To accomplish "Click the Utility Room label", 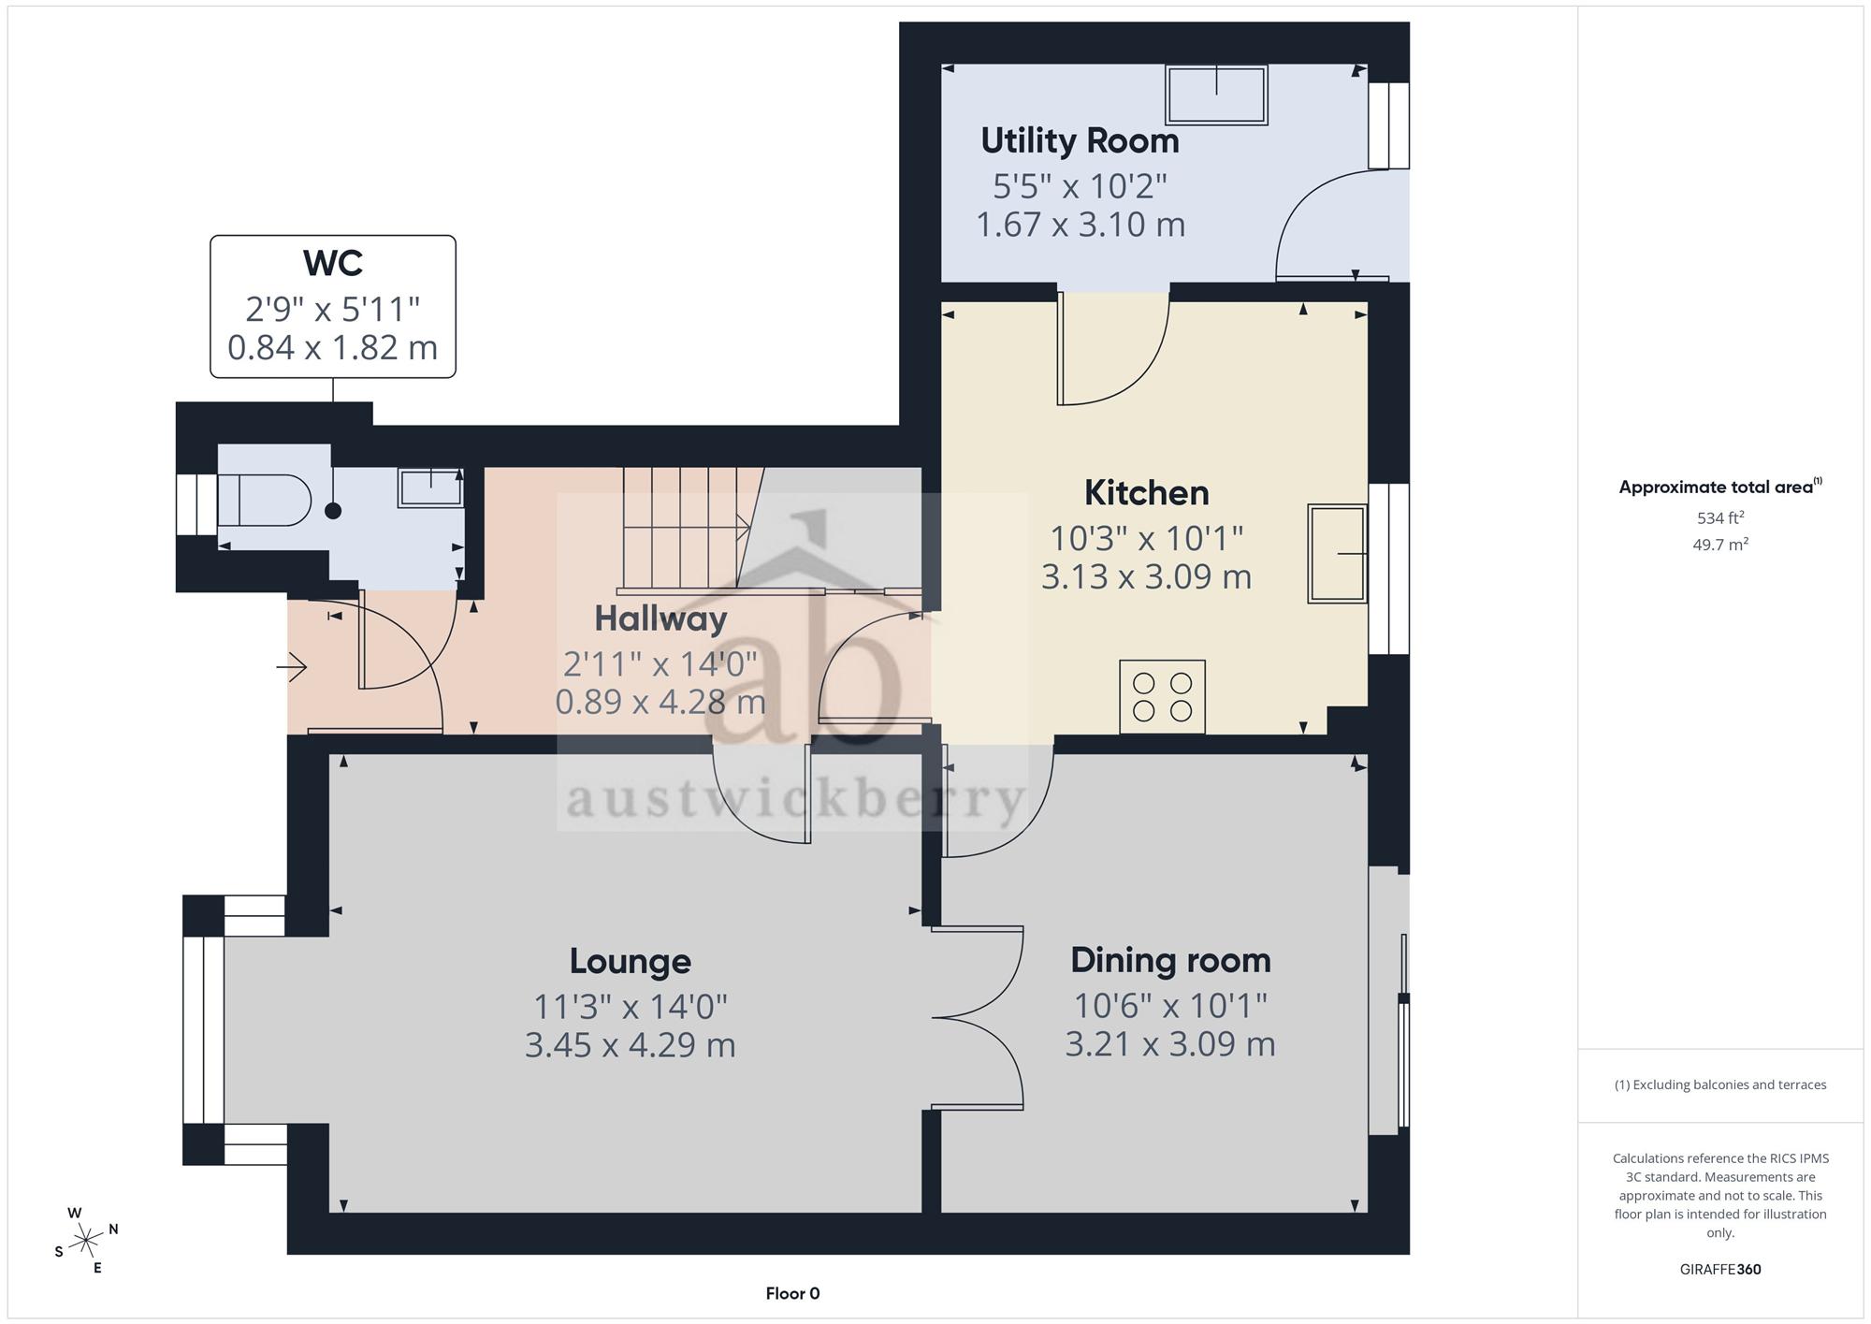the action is tap(1080, 141).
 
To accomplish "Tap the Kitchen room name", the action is tap(1146, 493).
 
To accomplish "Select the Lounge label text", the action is tap(631, 961).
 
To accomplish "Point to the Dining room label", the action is tap(1170, 961).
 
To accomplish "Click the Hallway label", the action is tap(660, 618).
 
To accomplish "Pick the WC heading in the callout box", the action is tap(333, 264).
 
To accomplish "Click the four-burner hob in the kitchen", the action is tap(1162, 697).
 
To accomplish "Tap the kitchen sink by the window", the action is tap(1338, 553).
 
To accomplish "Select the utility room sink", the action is tap(1216, 95).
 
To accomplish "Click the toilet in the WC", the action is tap(264, 501).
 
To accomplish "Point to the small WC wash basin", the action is tap(430, 487).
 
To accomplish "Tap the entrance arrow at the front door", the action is tap(291, 667).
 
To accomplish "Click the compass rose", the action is tap(87, 1241).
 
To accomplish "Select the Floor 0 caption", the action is tap(792, 1293).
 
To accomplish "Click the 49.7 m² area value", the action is tap(1720, 545).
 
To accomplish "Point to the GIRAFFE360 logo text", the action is tap(1720, 1269).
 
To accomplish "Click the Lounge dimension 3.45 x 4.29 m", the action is tap(631, 1044).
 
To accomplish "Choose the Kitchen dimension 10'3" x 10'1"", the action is tap(1146, 539).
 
